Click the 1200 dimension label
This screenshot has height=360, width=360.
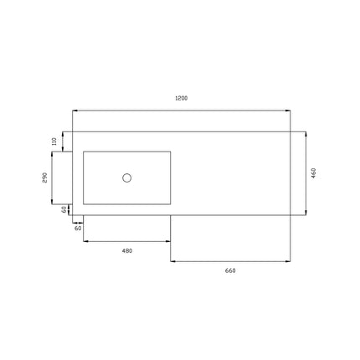[181, 98]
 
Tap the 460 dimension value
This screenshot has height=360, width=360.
[313, 173]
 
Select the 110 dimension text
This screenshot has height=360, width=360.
[54, 141]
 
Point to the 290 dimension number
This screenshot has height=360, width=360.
[45, 177]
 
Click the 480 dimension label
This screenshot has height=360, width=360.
[127, 251]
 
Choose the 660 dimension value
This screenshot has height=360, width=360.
[230, 270]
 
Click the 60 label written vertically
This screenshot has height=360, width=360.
[64, 209]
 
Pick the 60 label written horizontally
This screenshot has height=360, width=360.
[78, 229]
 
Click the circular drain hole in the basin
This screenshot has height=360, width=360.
[127, 177]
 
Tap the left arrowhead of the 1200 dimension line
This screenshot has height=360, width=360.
[75, 111]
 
